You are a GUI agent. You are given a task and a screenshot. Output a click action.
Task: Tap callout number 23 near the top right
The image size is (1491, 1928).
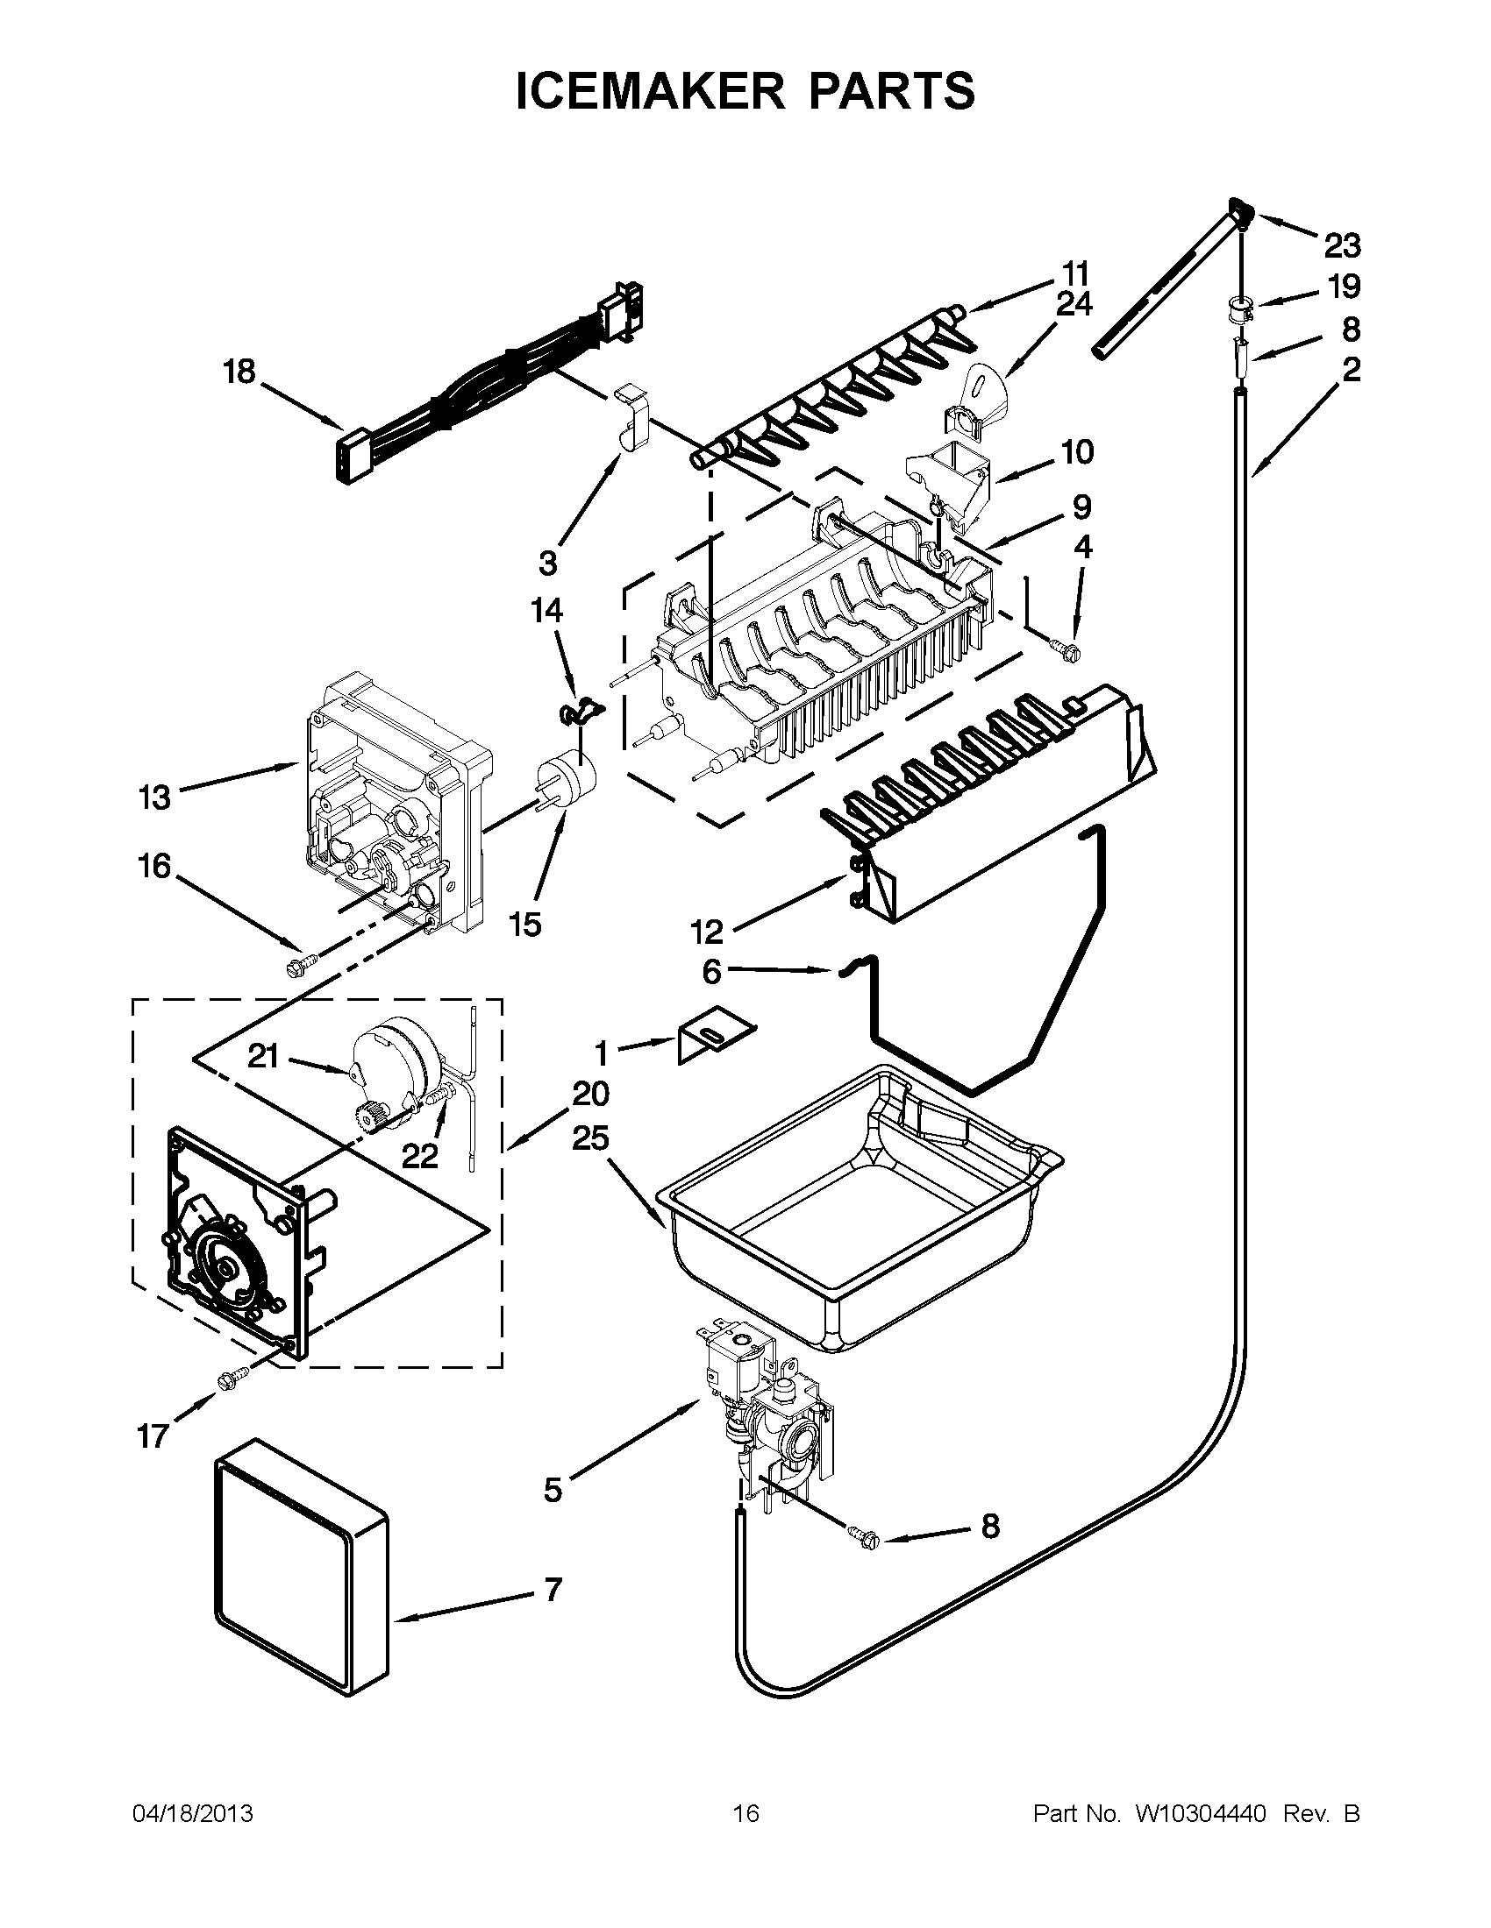pos(1341,245)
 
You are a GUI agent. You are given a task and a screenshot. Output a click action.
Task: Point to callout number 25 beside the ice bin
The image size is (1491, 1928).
pos(590,1138)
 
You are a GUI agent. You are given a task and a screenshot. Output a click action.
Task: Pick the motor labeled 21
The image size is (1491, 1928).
pos(394,1060)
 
